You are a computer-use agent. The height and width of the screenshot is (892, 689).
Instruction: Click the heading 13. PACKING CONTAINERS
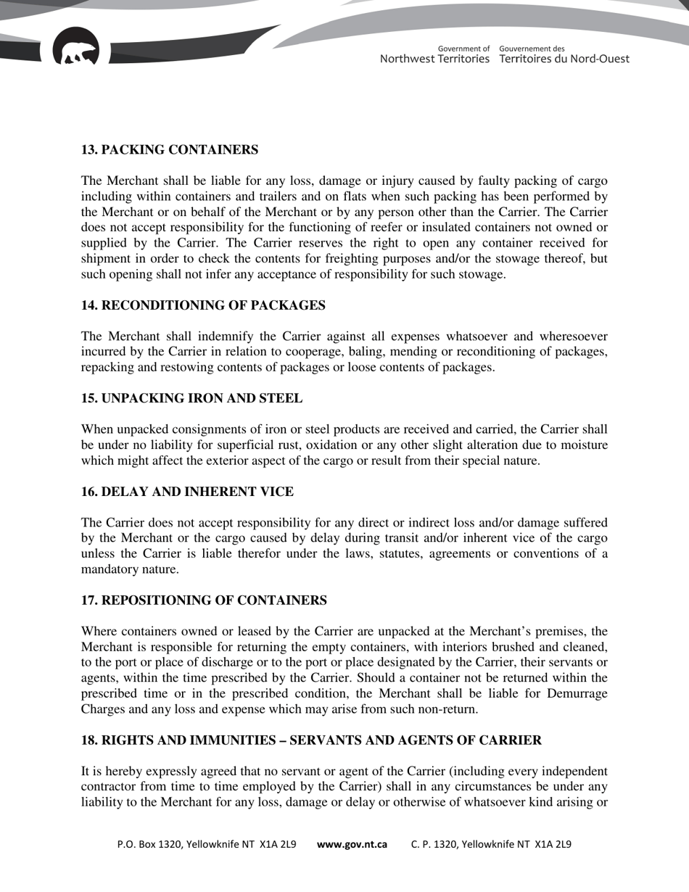pyautogui.click(x=169, y=150)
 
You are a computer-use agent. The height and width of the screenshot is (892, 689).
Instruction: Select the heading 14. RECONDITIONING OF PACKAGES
pyautogui.click(x=202, y=305)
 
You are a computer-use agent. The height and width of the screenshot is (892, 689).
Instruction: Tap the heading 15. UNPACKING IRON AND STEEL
pyautogui.click(x=191, y=399)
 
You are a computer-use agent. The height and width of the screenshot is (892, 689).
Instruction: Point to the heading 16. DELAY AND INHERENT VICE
pyautogui.click(x=187, y=492)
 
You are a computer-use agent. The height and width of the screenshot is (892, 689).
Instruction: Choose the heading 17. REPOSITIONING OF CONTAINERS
pyautogui.click(x=204, y=600)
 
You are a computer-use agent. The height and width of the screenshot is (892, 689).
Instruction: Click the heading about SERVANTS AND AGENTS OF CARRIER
pyautogui.click(x=311, y=740)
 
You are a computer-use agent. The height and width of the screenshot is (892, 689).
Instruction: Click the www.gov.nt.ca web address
pyautogui.click(x=352, y=844)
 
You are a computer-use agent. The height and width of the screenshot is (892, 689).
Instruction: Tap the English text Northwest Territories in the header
pyautogui.click(x=434, y=59)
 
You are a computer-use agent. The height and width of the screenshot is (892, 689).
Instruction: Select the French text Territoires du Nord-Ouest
pyautogui.click(x=564, y=59)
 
